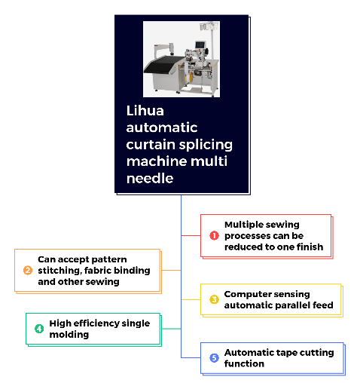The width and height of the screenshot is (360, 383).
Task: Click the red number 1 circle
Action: (x=214, y=235)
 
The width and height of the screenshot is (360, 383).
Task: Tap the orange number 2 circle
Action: (x=28, y=271)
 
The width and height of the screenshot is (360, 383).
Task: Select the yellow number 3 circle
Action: (x=214, y=299)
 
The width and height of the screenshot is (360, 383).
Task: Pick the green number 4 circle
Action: (x=39, y=329)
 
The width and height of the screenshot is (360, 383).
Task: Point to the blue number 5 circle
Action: (x=214, y=358)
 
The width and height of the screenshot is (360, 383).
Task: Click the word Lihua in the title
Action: (x=145, y=111)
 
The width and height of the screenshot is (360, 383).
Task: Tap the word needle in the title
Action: (x=150, y=178)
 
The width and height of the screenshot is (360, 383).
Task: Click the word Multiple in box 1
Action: (x=240, y=225)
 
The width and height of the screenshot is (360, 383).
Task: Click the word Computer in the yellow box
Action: (x=246, y=294)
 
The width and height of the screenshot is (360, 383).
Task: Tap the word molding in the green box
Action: (x=69, y=335)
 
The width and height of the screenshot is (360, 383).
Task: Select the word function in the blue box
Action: (x=244, y=363)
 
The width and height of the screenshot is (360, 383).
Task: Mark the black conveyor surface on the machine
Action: (x=163, y=64)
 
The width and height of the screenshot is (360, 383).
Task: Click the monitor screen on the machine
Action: (x=200, y=45)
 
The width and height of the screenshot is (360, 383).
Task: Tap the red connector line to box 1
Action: (x=191, y=235)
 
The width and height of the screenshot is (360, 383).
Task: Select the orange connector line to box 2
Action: (x=171, y=271)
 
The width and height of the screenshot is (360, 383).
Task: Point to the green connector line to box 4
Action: (x=171, y=329)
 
